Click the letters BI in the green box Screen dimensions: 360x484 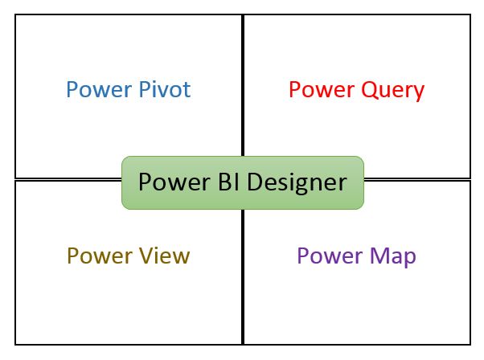pos(227,182)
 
